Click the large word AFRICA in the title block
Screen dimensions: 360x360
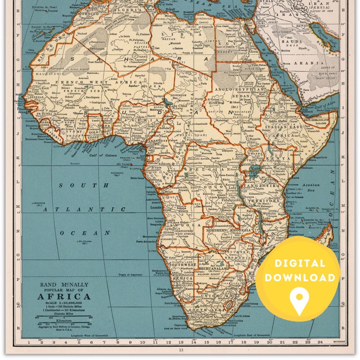[x=64, y=297]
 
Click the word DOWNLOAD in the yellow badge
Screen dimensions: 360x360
[x=300, y=277]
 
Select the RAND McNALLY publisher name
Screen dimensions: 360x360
[x=64, y=285]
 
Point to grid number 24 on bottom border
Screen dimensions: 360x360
[x=320, y=342]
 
